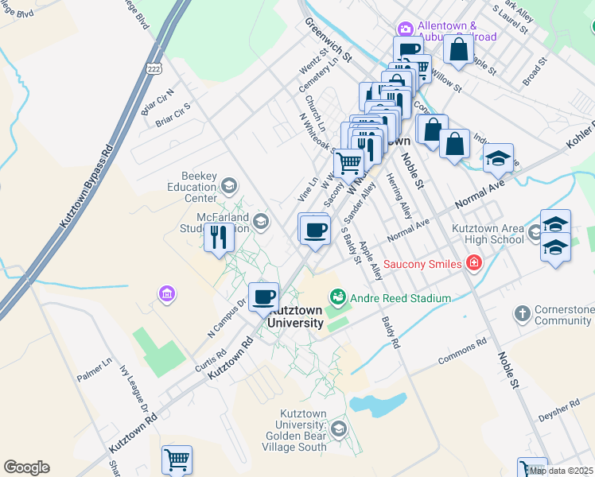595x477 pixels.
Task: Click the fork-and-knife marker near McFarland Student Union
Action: [x=219, y=237]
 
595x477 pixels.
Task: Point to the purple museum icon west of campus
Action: [x=166, y=295]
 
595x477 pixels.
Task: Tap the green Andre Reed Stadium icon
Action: [x=338, y=298]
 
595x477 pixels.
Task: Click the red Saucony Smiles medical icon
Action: [x=474, y=263]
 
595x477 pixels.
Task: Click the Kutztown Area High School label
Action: [x=488, y=234]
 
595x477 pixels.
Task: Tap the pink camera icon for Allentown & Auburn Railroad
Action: [x=406, y=29]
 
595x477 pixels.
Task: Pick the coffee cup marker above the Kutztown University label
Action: [x=264, y=297]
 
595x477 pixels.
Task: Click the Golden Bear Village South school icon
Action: [x=338, y=430]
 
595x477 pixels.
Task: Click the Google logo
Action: [x=26, y=467]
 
